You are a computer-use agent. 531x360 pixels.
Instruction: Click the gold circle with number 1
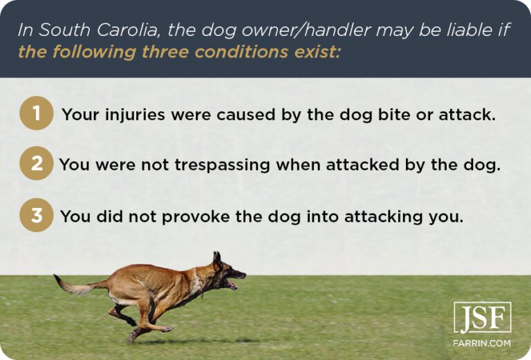(37, 114)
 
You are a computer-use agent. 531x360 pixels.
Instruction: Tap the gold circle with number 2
(37, 165)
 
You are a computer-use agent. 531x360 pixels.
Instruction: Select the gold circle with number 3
(37, 216)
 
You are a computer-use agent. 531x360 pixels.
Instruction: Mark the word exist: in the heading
(319, 52)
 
